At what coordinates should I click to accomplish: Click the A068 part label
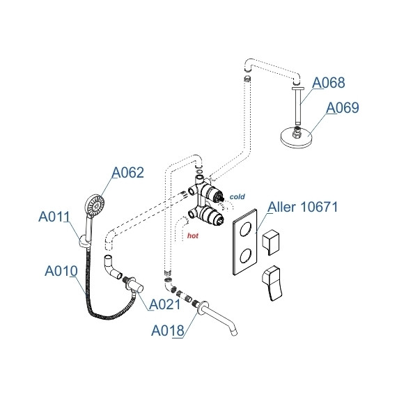[x=328, y=83]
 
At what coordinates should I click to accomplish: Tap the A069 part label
[x=342, y=107]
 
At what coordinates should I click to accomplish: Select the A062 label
[x=128, y=173]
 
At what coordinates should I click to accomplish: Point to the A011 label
[x=54, y=217]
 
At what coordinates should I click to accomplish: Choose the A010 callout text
[x=61, y=271]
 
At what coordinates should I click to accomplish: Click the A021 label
[x=165, y=304]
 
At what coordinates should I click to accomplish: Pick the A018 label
[x=168, y=330]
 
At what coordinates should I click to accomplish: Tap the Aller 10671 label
[x=303, y=207]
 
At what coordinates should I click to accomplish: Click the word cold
[x=238, y=196]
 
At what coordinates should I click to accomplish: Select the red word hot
[x=193, y=235]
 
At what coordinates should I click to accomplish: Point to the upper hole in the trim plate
[x=246, y=229]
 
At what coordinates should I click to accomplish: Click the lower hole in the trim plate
[x=246, y=256]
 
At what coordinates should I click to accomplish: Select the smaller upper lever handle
[x=271, y=242]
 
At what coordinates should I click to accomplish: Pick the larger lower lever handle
[x=272, y=283]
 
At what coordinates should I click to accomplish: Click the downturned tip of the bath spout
[x=235, y=332]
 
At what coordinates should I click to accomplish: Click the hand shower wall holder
[x=84, y=242]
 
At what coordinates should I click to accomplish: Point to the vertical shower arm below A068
[x=298, y=106]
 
